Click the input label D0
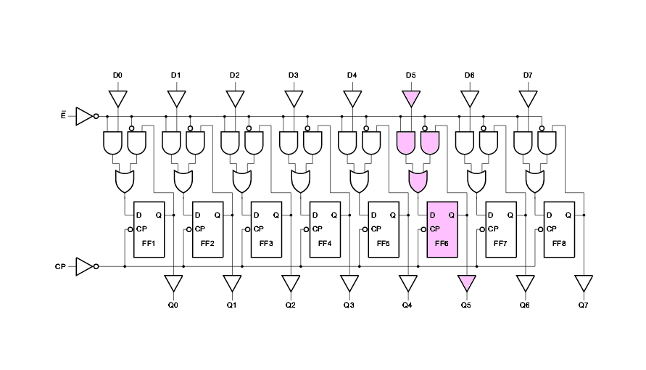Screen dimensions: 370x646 (117, 75)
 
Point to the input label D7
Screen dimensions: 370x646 (528, 75)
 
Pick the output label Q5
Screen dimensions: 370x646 (465, 305)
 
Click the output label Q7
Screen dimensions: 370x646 (583, 305)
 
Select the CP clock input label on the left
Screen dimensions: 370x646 (60, 267)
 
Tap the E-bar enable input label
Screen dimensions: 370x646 (64, 115)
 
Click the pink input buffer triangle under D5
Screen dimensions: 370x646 (411, 98)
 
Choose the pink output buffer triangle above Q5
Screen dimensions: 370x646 (466, 282)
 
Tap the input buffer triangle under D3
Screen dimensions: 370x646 (294, 98)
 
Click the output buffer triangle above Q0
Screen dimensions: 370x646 (173, 282)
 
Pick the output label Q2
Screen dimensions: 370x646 (290, 305)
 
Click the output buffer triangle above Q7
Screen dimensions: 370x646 (584, 282)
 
